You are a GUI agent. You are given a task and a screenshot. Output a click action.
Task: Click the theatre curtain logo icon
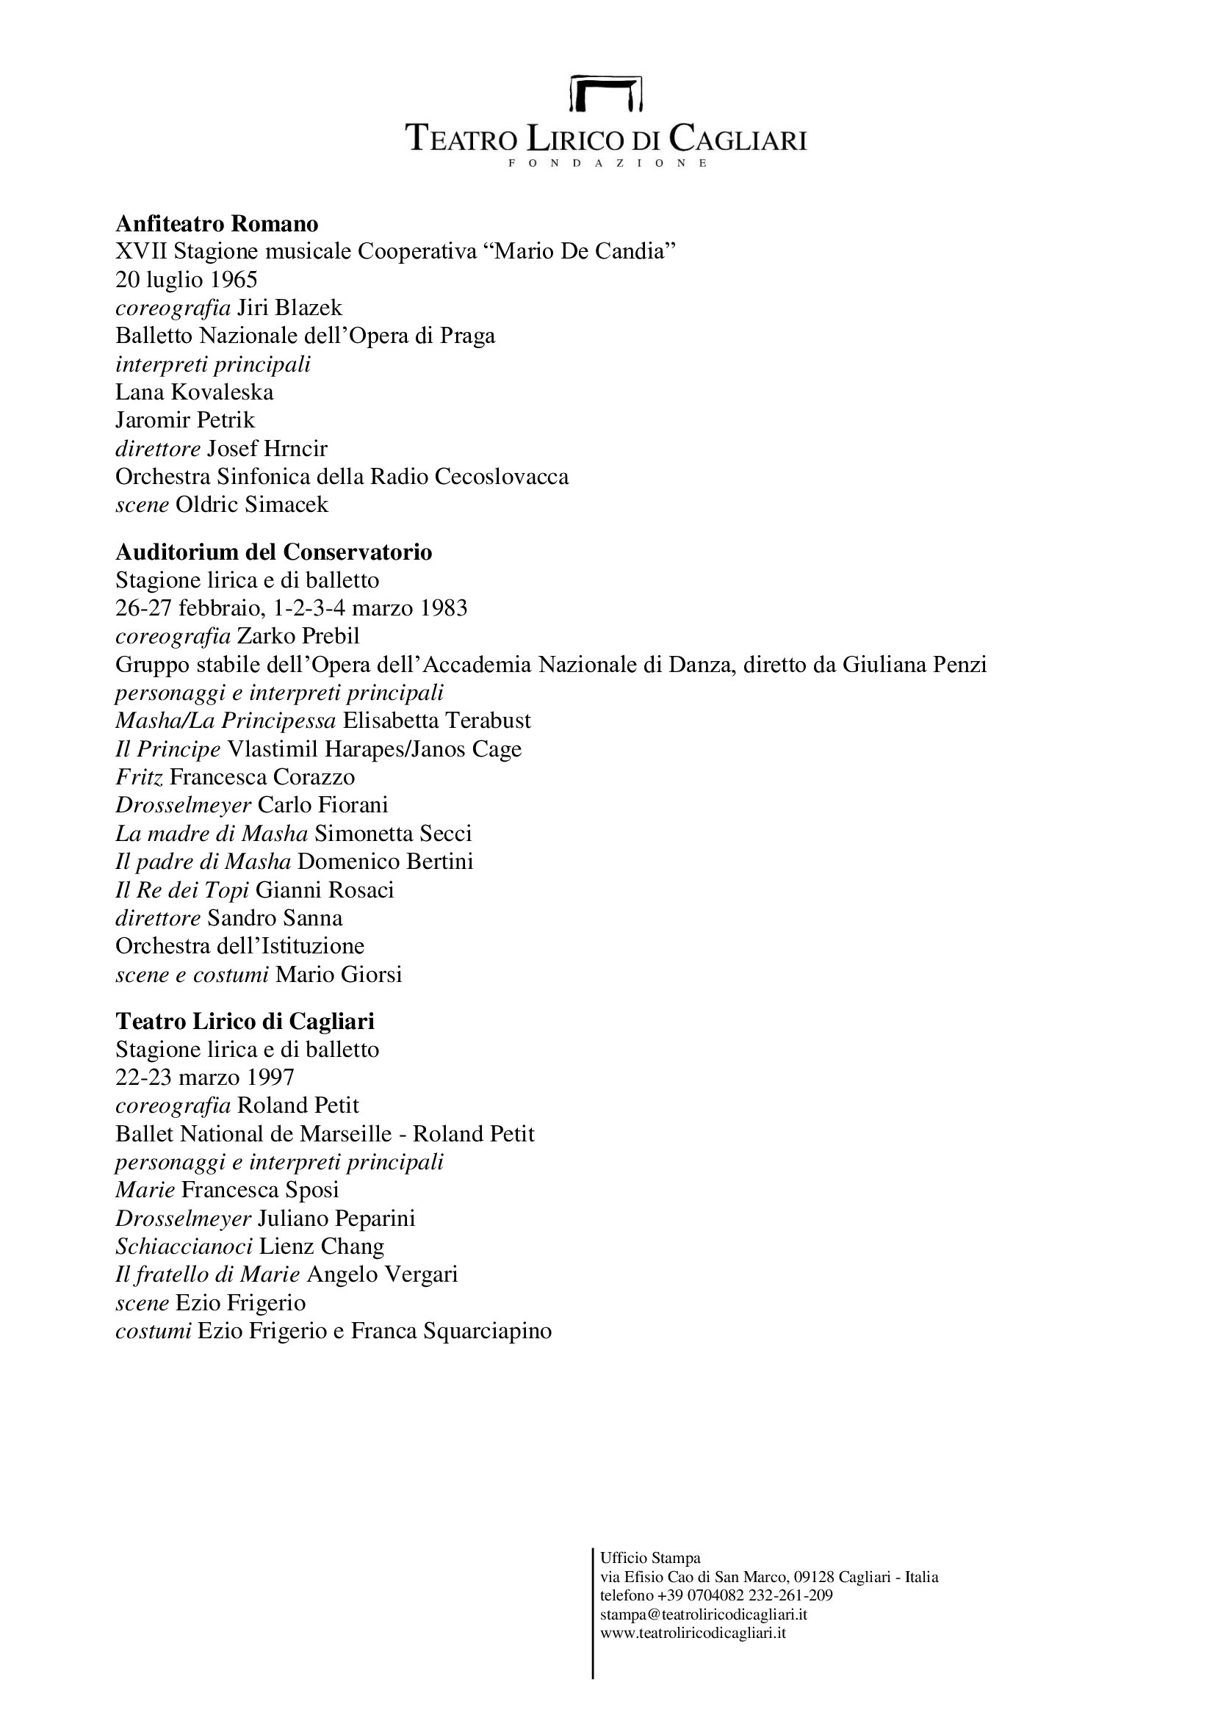pos(606,92)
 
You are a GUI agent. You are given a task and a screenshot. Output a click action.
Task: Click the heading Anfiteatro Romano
pos(217,224)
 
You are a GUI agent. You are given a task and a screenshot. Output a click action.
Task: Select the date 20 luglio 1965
pos(187,280)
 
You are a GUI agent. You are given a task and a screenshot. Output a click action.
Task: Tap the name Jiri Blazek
pos(289,308)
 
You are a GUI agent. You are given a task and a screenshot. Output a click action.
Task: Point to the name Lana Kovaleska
pos(195,392)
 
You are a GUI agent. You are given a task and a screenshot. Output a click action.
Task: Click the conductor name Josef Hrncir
pos(267,448)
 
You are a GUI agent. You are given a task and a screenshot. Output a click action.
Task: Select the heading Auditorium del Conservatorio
pos(274,552)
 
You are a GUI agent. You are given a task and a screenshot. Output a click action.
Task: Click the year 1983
pos(444,607)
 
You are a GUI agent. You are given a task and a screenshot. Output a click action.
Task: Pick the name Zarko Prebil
pos(298,636)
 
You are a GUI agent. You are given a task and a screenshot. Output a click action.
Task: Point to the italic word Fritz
pos(139,776)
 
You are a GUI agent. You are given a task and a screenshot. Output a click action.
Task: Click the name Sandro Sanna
pos(275,918)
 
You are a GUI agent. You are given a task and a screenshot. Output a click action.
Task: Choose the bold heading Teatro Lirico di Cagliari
pos(245,1022)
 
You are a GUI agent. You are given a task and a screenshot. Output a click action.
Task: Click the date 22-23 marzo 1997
pos(205,1078)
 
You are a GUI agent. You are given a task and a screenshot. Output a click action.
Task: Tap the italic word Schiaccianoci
pos(184,1246)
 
